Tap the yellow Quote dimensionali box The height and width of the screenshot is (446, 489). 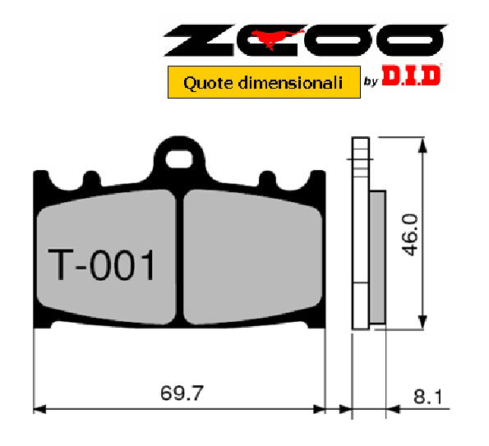264,82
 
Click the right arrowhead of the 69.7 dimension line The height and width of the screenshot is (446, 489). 321,407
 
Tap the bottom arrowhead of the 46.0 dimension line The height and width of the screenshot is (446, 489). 422,322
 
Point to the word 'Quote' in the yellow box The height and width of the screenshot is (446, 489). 202,82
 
